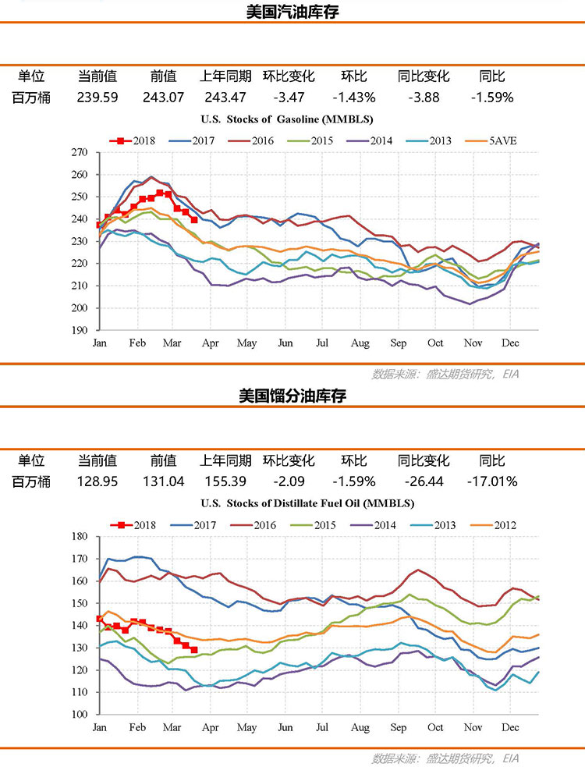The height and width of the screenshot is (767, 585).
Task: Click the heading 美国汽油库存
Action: point(292,12)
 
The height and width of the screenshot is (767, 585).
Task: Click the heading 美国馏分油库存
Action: point(292,396)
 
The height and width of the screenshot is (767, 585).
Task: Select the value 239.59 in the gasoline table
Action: point(97,98)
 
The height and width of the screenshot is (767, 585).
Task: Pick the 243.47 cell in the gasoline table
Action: point(225,98)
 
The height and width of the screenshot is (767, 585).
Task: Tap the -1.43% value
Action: point(354,98)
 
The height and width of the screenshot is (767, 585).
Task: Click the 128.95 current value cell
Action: point(97,481)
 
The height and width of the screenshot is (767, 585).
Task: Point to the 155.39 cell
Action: point(225,481)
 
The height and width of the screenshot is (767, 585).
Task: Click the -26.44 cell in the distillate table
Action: point(423,481)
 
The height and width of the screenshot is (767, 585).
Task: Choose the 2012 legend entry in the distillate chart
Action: point(504,525)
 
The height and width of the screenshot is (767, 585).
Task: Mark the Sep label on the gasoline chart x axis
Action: point(398,343)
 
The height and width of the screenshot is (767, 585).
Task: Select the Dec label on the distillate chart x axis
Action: point(511,727)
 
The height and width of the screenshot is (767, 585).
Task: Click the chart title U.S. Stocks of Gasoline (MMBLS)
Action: point(286,119)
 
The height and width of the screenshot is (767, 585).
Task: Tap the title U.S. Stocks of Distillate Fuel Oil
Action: point(307,502)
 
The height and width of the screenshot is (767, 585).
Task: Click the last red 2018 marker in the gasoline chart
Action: point(194,220)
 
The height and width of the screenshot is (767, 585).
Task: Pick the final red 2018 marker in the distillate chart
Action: point(194,650)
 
